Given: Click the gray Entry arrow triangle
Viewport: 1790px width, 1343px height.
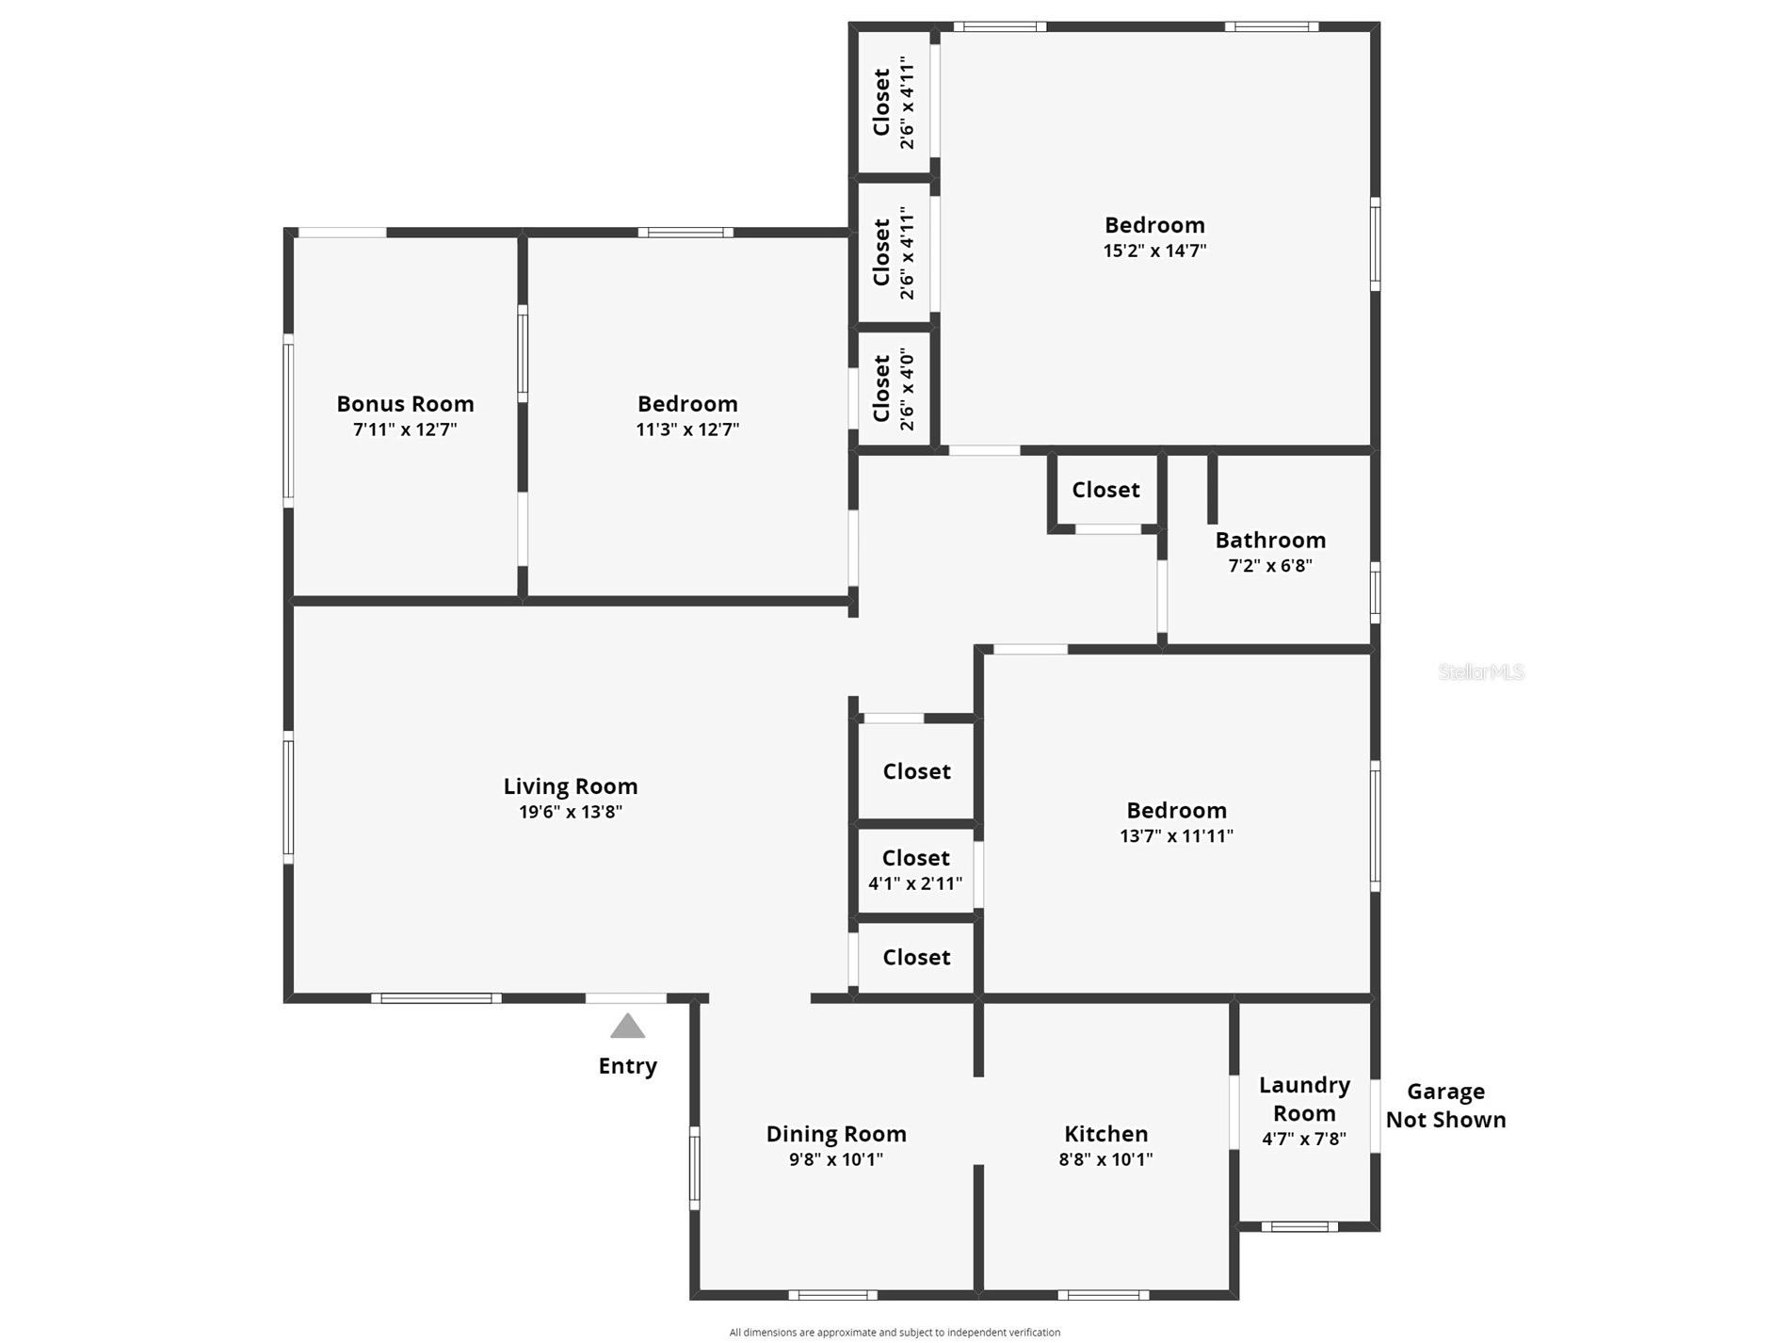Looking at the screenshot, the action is click(627, 1026).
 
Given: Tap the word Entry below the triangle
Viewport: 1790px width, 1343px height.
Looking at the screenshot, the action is click(627, 1066).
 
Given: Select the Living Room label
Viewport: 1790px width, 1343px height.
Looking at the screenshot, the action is click(571, 786).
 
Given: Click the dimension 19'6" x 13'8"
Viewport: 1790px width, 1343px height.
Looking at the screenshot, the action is click(571, 812).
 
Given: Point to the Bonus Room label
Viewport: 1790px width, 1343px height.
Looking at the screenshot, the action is click(405, 404).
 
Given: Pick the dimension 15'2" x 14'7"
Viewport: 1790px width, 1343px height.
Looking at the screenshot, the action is click(1154, 251).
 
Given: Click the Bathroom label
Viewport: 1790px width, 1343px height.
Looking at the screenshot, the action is click(1270, 540).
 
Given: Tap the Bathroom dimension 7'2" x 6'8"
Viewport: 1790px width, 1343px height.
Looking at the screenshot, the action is click(1270, 566).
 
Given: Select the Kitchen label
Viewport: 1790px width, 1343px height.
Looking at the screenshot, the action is click(1105, 1134).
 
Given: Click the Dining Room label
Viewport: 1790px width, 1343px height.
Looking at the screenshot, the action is click(836, 1134).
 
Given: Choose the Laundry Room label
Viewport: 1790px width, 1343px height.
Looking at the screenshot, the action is click(1304, 1099).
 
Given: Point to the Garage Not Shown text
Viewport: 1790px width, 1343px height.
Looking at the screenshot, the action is click(1445, 1106).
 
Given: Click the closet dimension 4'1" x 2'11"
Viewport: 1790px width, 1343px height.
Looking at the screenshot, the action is click(915, 883).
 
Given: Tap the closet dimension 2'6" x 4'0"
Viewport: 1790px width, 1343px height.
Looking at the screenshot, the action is click(907, 389).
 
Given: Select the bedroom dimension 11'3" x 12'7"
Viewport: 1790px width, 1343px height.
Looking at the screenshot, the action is click(687, 429).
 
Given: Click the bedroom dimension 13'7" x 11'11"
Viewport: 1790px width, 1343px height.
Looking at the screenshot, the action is click(1176, 836).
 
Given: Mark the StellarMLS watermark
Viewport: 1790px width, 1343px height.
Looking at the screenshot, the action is click(1481, 671).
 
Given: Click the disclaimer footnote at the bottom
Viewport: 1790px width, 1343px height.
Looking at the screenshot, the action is click(895, 1332).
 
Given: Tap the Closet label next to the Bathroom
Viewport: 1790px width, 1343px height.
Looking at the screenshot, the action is click(1105, 490).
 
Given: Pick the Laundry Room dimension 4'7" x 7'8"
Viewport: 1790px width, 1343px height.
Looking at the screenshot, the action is click(1304, 1139).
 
